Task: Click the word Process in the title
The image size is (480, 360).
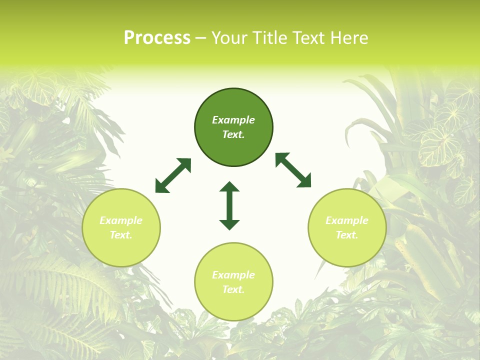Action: point(157,38)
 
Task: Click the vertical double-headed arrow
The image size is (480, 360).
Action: point(229,205)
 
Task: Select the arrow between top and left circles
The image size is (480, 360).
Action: point(173,175)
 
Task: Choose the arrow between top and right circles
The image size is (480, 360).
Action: point(293,170)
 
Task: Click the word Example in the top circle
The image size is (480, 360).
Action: point(233,120)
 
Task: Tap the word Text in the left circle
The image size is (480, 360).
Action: point(121,235)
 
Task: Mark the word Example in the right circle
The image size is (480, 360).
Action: point(347,220)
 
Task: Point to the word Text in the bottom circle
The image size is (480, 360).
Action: point(233,289)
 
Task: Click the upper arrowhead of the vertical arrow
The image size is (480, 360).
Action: point(229,187)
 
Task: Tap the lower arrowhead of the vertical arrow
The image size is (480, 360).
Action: point(229,224)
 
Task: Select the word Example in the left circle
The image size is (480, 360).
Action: point(121,220)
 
